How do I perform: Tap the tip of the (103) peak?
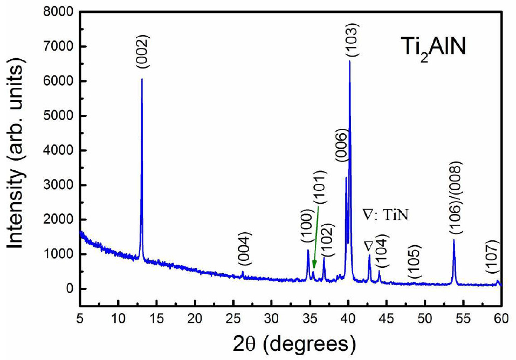349,61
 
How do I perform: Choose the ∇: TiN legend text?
387,216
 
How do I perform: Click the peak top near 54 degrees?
454,240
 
